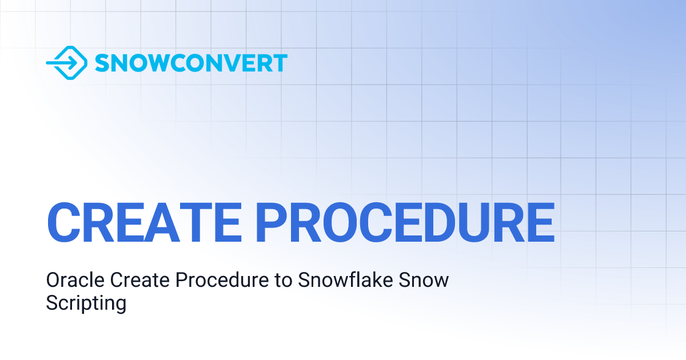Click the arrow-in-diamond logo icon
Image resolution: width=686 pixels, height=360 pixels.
tap(66, 62)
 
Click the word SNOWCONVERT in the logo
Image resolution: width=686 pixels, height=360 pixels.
tap(191, 63)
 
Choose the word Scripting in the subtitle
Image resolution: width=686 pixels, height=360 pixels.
tap(86, 303)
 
